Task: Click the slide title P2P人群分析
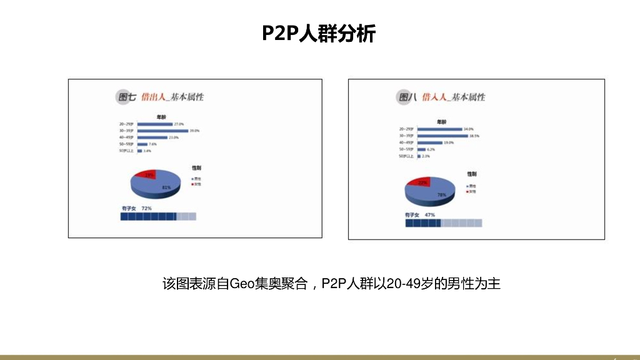(x=319, y=33)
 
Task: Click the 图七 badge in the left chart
(x=127, y=97)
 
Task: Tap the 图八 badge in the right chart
(x=407, y=97)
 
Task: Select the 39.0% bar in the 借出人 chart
(x=162, y=131)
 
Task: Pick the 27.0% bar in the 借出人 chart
(x=155, y=124)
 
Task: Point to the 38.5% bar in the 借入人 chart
(x=442, y=136)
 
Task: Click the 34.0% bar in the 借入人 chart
(x=439, y=129)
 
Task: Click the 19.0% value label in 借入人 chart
(x=449, y=142)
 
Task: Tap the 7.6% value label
(x=152, y=144)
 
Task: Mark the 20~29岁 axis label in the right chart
(x=406, y=129)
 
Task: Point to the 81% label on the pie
(x=166, y=187)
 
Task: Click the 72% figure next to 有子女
(x=147, y=207)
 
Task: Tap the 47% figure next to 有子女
(x=429, y=214)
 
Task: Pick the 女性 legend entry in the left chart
(x=199, y=183)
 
